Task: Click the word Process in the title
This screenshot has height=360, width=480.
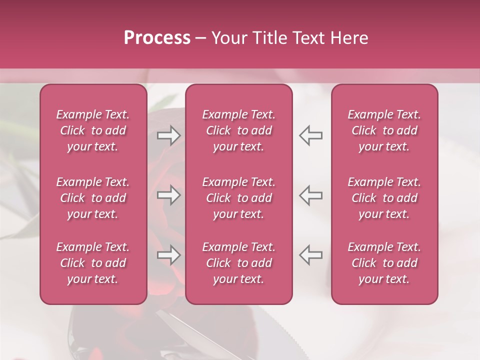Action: click(x=157, y=38)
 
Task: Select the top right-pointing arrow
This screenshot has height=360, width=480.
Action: click(x=169, y=135)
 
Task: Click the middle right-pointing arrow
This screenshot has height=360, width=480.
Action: click(x=169, y=195)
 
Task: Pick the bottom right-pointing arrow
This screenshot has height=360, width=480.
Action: click(x=169, y=255)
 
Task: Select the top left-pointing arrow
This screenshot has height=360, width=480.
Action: click(x=310, y=135)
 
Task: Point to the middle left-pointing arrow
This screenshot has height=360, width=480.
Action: click(x=310, y=195)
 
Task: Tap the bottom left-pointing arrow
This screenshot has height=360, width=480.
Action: click(x=310, y=255)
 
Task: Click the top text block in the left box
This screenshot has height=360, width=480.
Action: click(x=93, y=130)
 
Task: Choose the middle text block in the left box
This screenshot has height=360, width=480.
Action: click(x=93, y=198)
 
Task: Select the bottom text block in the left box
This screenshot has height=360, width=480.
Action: click(x=93, y=263)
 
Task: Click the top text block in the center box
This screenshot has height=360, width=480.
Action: click(x=239, y=130)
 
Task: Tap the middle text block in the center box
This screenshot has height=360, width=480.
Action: click(x=239, y=198)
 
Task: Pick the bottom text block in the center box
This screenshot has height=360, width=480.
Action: click(x=239, y=263)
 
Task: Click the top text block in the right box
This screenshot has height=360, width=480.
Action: click(x=384, y=130)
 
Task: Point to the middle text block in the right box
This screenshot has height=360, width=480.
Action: click(x=384, y=198)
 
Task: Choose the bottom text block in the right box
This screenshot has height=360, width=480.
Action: click(x=384, y=263)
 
